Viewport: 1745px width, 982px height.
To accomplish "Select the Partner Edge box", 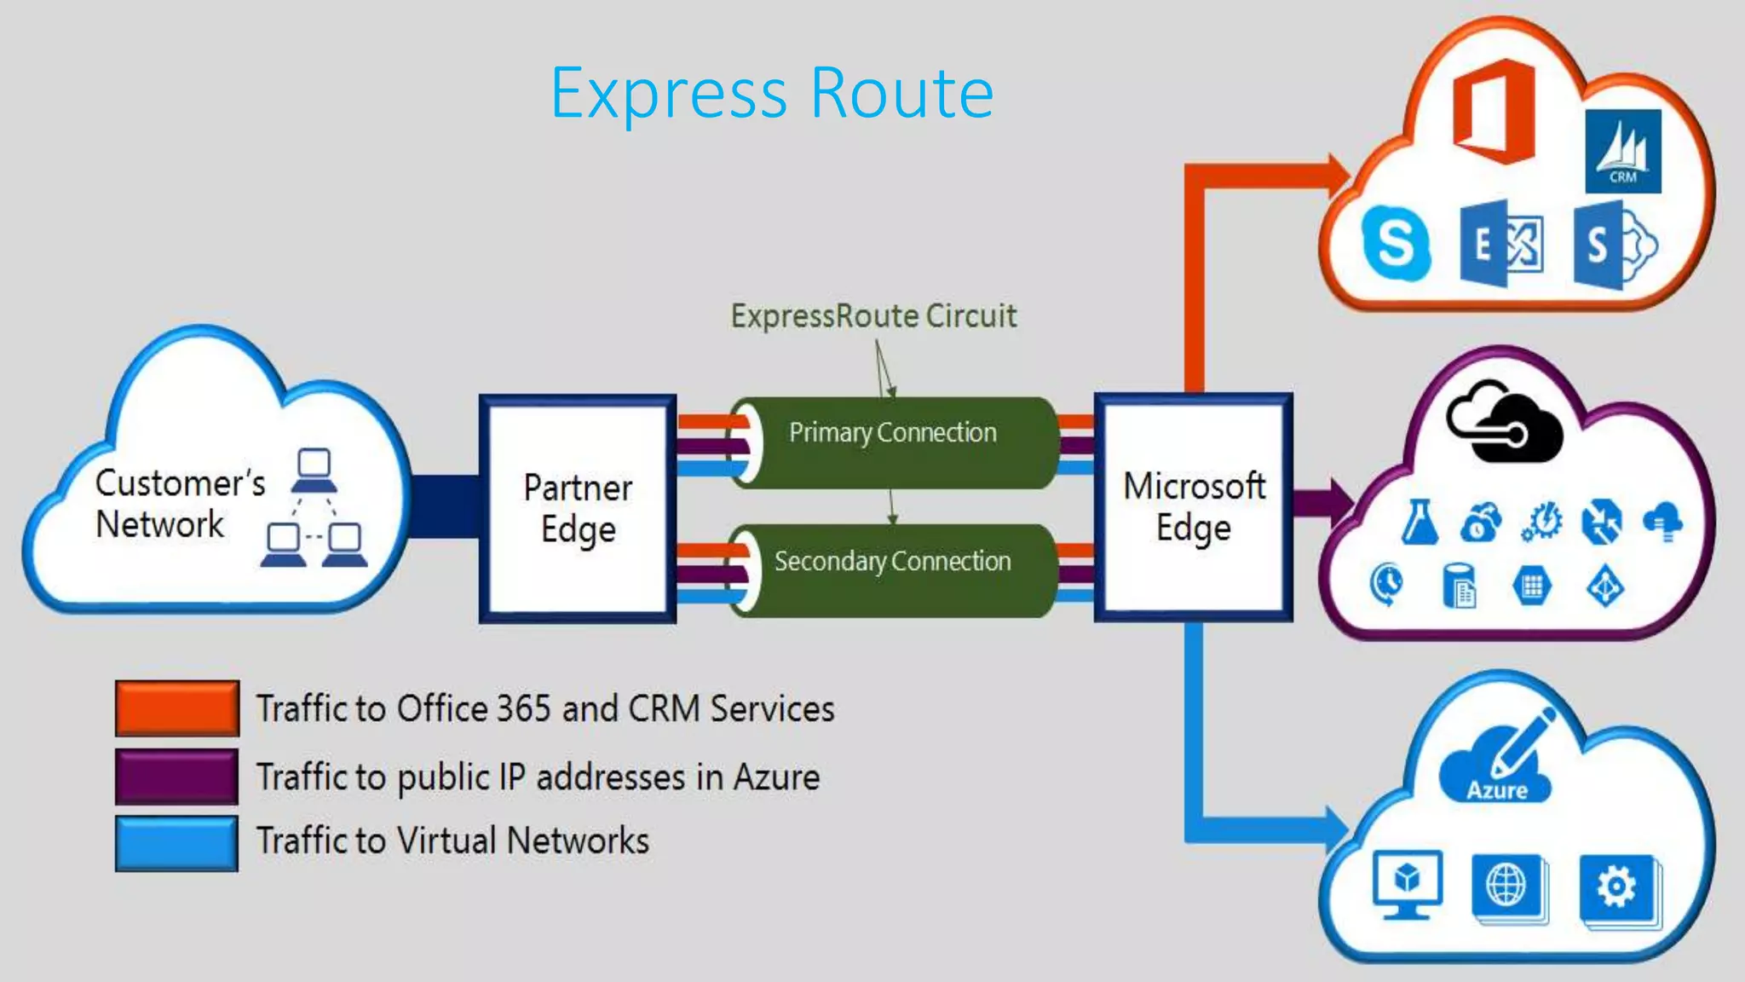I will pos(578,509).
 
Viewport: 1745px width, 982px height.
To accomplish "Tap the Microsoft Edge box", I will pos(1193,507).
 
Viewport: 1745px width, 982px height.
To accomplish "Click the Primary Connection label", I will pos(892,433).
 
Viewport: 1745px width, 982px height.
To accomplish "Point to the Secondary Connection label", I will pos(892,562).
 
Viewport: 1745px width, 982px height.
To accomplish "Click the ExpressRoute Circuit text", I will pos(873,316).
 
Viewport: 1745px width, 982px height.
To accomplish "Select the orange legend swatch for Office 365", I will pos(177,708).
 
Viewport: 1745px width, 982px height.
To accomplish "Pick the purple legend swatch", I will pos(177,777).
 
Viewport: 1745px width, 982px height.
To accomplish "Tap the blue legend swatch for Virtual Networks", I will pos(177,843).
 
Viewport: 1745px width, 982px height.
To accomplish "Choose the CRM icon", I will pos(1622,152).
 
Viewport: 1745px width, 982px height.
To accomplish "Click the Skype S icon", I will pos(1396,243).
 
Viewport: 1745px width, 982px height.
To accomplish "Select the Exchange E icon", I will pos(1500,245).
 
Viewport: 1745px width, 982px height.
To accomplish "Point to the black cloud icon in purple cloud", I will pos(1504,422).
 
